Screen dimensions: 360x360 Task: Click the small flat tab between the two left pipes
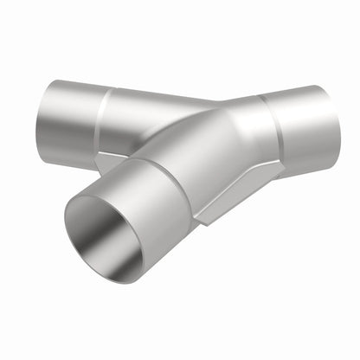(x=108, y=161)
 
